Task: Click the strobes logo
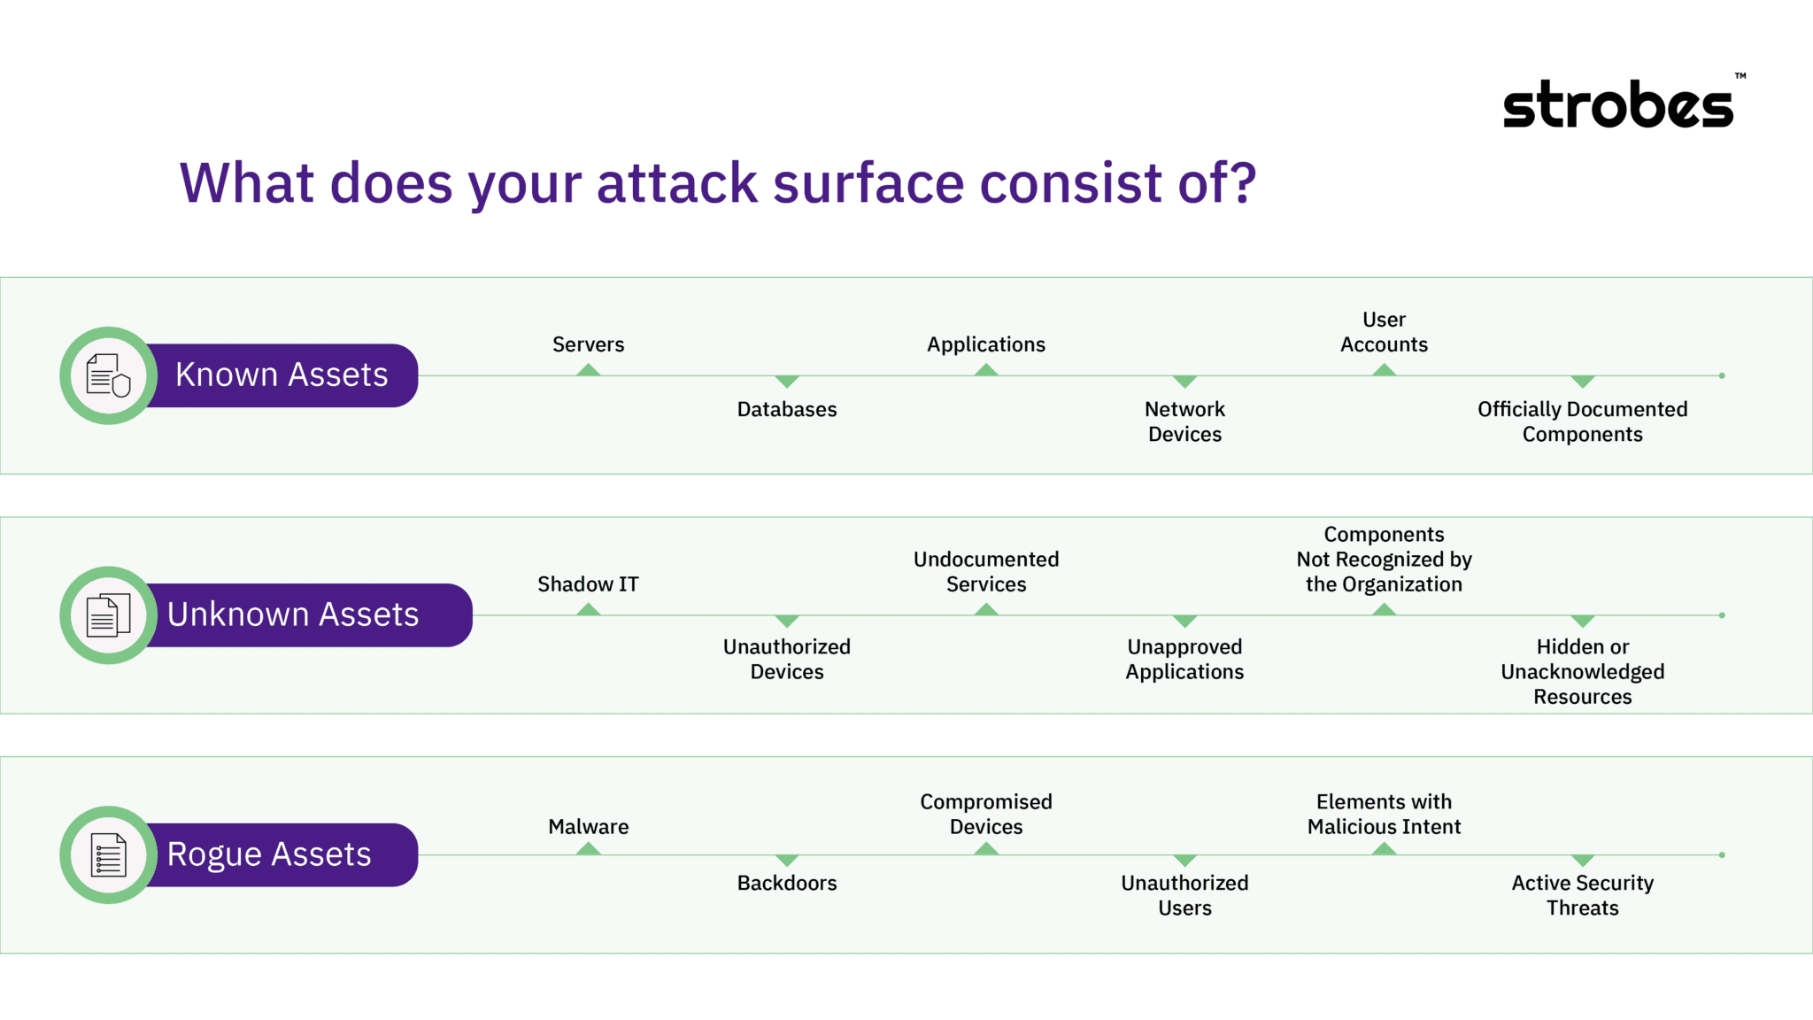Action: coord(1618,105)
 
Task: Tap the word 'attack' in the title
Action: coord(677,183)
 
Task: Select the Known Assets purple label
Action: coord(282,375)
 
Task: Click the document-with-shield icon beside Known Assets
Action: coord(108,375)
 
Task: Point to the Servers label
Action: coord(588,344)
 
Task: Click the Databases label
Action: coord(786,409)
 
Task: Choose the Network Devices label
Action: coord(1184,421)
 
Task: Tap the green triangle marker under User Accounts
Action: coord(1384,370)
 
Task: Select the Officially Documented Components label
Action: coord(1582,421)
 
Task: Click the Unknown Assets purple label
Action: coord(294,614)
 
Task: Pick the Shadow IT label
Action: coord(588,584)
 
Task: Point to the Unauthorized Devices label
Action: coord(786,659)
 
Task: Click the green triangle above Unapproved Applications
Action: coord(1184,621)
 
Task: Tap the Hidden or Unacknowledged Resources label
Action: coord(1582,671)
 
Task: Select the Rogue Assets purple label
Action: coord(269,854)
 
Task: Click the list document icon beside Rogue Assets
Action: coord(108,854)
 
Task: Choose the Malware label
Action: coord(588,827)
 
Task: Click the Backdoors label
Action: coord(786,883)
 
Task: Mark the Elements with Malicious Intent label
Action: coord(1384,814)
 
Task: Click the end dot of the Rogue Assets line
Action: coord(1722,855)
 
